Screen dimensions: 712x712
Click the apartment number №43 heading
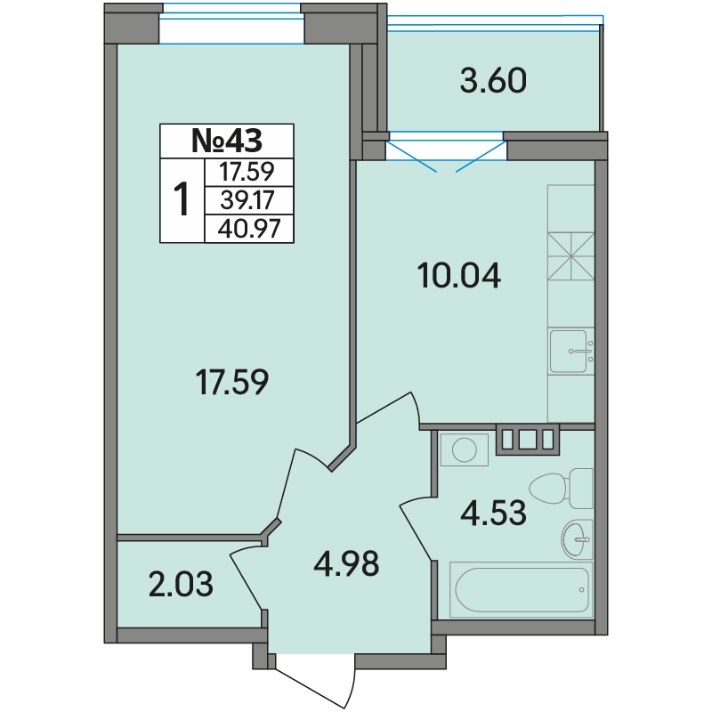coord(227,141)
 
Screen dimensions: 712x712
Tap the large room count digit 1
coord(182,198)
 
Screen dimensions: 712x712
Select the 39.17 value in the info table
coord(247,199)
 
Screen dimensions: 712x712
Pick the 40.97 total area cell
coord(249,229)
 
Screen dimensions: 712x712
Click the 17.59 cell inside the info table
coord(247,172)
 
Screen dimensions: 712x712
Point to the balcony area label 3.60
coord(493,81)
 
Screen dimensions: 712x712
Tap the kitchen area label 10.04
coord(459,275)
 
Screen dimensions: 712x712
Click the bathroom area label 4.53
coord(493,513)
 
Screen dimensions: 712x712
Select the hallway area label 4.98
coord(346,564)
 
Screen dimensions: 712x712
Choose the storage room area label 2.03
coord(181,585)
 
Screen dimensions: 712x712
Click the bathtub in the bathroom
coord(522,590)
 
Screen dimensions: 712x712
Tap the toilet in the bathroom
coord(562,488)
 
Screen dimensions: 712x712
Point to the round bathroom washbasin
coord(577,539)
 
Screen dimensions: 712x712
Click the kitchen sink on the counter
coord(570,351)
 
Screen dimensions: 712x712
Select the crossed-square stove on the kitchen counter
coord(570,256)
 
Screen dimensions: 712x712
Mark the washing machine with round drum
coord(464,449)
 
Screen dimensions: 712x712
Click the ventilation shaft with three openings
coord(527,439)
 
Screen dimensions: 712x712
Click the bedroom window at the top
coord(231,24)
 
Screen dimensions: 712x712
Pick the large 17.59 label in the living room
coord(232,382)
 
